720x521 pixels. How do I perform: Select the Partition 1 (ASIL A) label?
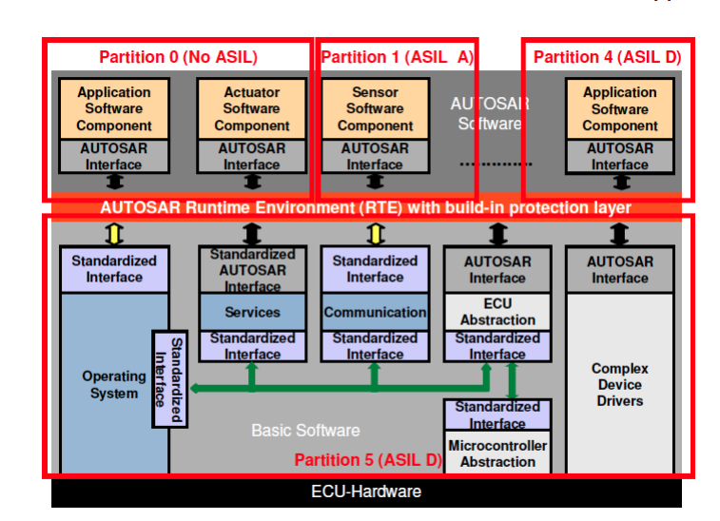[397, 57]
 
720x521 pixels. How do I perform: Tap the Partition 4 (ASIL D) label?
[607, 57]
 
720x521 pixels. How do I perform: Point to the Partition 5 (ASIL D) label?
[368, 460]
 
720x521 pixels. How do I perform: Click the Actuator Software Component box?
[252, 109]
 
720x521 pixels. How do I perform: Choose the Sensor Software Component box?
[375, 109]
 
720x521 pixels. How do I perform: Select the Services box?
[252, 312]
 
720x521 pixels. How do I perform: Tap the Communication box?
[375, 312]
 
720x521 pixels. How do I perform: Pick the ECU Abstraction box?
[497, 312]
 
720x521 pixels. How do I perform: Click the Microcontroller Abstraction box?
[497, 453]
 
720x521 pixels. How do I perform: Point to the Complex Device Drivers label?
[619, 384]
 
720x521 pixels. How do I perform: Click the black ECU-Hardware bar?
[366, 492]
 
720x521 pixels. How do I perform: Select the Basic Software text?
[305, 431]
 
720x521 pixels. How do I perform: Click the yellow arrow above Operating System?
[113, 232]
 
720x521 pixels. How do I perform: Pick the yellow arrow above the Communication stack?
[375, 232]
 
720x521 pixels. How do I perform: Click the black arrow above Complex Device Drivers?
[619, 232]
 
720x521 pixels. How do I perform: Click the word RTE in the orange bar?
[321, 207]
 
